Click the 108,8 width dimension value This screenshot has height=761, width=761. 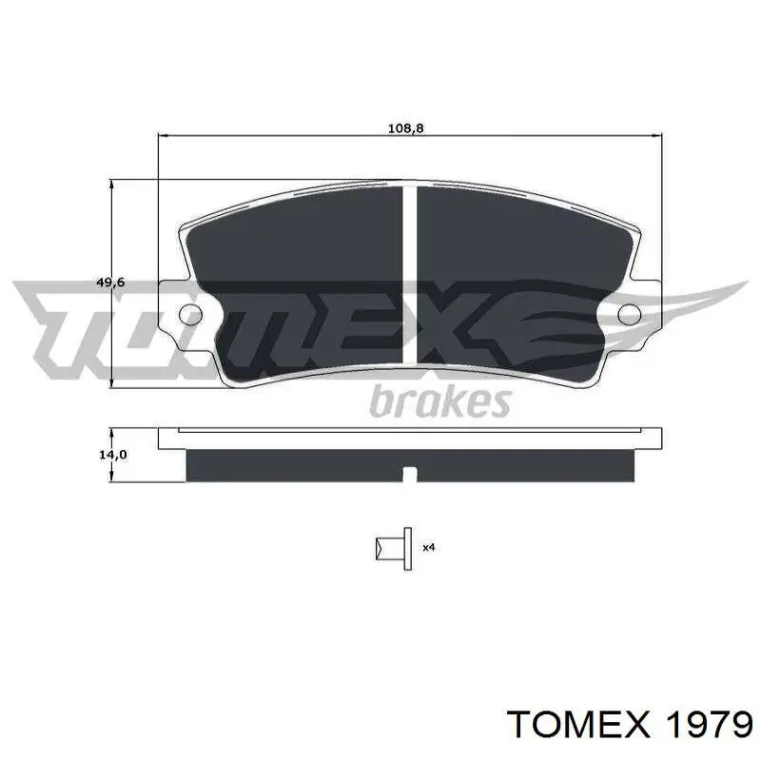coord(406,128)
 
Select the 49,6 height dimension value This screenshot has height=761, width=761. coord(110,282)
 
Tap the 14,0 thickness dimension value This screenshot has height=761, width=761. coord(113,455)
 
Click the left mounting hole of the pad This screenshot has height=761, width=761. coord(191,315)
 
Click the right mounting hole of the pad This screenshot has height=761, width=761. coord(630,314)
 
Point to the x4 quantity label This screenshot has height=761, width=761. coord(429,548)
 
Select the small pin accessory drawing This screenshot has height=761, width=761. coord(394,549)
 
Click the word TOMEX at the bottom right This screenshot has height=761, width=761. coord(577,726)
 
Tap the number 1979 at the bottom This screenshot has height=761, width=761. coord(710,726)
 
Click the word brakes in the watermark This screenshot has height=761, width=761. coord(440,401)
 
